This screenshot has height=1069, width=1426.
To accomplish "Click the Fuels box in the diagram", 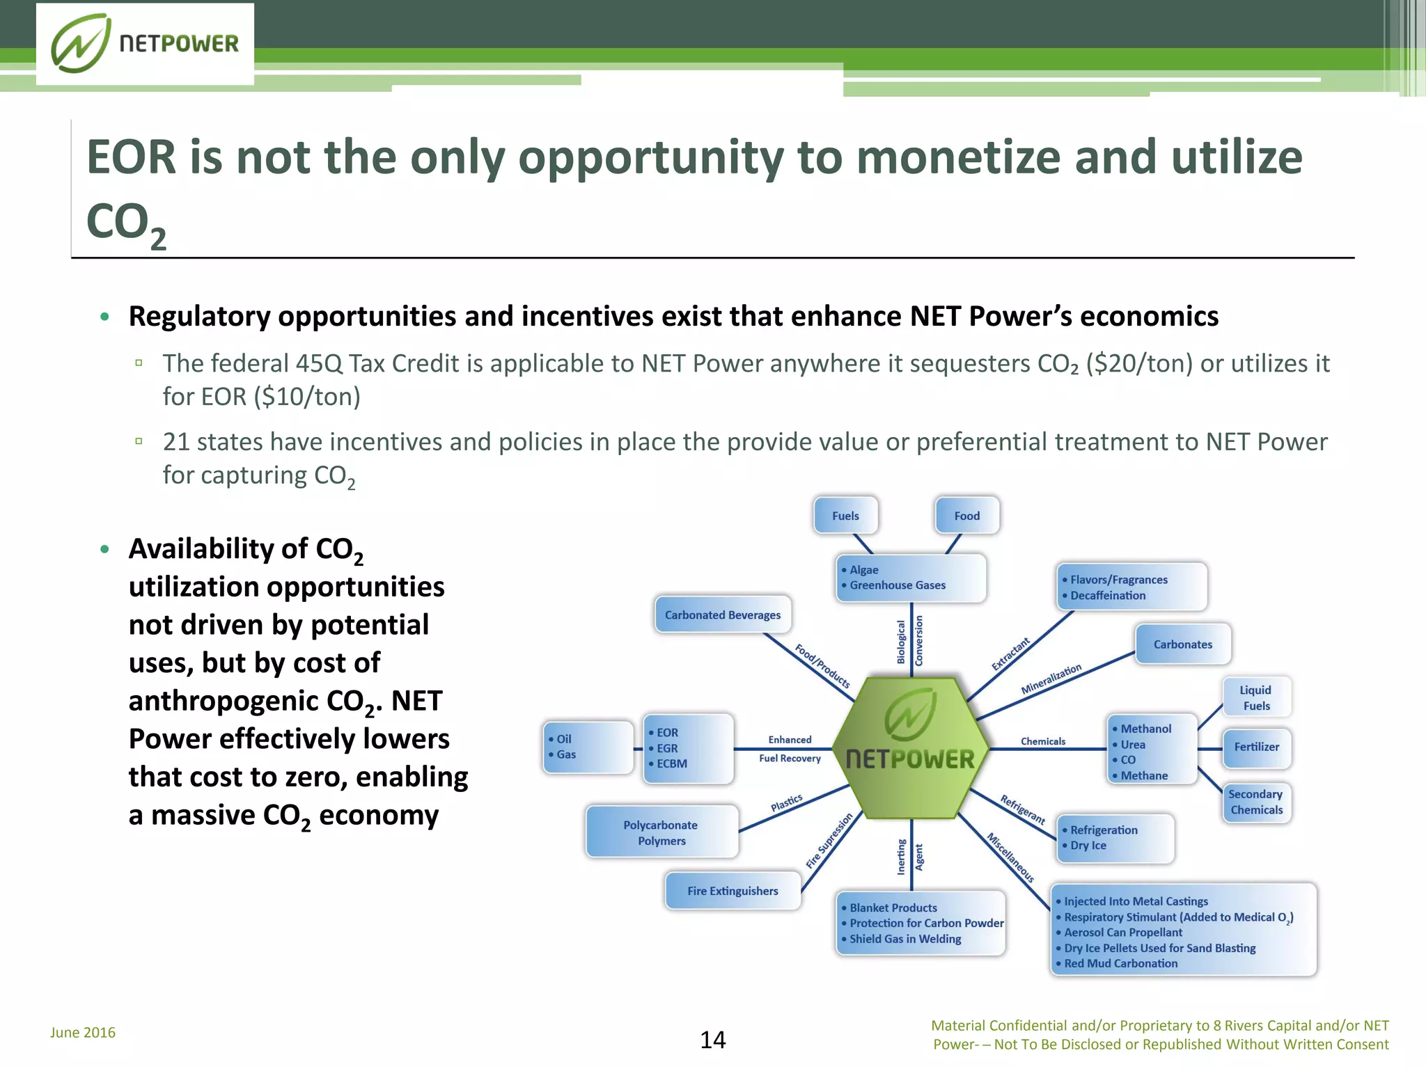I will click(x=845, y=516).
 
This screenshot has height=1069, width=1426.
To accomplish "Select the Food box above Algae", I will click(x=966, y=516).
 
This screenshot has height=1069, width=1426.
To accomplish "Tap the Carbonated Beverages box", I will click(x=723, y=615).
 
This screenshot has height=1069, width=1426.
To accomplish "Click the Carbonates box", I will click(x=1182, y=644).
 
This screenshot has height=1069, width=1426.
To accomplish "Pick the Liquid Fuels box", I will click(x=1256, y=697).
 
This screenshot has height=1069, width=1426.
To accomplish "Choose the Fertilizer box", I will click(x=1256, y=747).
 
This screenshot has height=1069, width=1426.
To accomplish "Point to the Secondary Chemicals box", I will click(x=1256, y=802).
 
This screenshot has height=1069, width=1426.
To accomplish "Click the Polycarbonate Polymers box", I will click(x=661, y=832).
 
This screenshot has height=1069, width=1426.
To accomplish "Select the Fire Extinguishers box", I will click(x=732, y=891).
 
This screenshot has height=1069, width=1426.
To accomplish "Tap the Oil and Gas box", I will click(x=588, y=747).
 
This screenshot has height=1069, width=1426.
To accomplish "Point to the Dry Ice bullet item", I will click(x=1088, y=846).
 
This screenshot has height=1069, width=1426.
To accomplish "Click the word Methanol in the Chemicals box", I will click(x=1145, y=729).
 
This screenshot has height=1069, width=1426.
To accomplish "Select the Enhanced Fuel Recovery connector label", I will click(x=790, y=749).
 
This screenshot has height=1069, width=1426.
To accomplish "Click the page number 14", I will click(x=712, y=1040).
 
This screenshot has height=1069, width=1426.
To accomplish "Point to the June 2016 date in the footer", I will click(x=83, y=1032).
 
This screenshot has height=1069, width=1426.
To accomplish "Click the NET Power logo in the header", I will click(x=145, y=44).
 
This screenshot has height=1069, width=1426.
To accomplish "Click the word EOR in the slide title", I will click(x=131, y=157).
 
